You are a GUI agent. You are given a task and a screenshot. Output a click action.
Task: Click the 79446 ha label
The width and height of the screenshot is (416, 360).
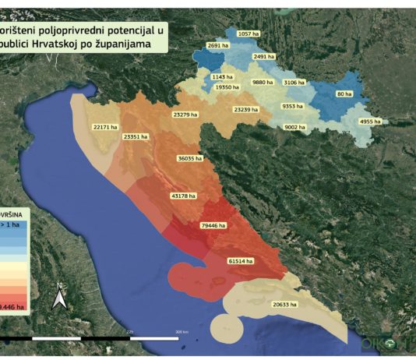(x=213, y=225)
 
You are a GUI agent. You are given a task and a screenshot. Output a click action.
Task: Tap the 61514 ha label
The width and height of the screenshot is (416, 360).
(x=241, y=260)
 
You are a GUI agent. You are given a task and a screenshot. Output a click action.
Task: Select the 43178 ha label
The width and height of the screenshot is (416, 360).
(x=183, y=196)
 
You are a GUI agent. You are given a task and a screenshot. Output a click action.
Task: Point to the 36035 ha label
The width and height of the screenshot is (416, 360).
(x=190, y=158)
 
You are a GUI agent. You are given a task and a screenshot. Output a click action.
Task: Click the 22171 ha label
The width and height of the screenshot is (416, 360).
(x=104, y=126)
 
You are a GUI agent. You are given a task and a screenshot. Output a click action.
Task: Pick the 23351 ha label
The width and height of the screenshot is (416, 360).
(x=136, y=136)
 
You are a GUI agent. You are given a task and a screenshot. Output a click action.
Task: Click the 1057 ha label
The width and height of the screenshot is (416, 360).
(x=247, y=34)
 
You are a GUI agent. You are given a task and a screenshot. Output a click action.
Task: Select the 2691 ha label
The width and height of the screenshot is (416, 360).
(x=218, y=46)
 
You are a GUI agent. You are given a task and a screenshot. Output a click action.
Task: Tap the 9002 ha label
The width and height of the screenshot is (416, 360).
(x=296, y=127)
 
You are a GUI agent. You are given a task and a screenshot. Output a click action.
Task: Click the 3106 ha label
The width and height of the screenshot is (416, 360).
(x=294, y=82)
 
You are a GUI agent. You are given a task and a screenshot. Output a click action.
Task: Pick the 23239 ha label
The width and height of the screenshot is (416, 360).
(x=246, y=110)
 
